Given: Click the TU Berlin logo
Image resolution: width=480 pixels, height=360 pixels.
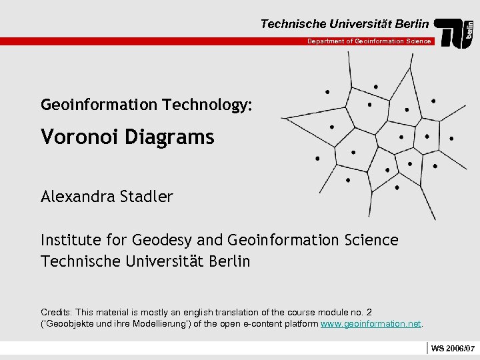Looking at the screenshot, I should [x=455, y=33].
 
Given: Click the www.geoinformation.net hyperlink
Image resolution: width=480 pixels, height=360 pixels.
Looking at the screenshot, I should [x=371, y=324].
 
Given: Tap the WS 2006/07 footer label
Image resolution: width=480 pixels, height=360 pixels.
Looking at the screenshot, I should [x=453, y=349].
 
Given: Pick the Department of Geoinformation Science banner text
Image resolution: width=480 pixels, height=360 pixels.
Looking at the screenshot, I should [x=369, y=41].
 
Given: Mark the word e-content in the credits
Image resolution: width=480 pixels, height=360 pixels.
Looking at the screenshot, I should [x=268, y=324].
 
